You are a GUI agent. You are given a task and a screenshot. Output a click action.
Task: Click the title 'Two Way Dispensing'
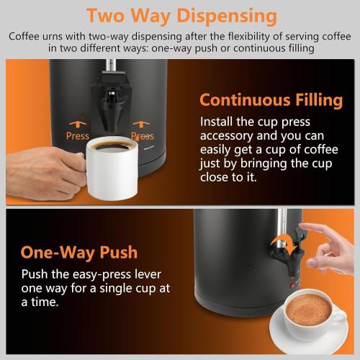pyautogui.click(x=180, y=15)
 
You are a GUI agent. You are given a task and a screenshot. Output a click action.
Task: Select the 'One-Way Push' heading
pyautogui.click(x=79, y=253)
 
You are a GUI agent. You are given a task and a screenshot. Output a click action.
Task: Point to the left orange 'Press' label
pyautogui.click(x=77, y=136)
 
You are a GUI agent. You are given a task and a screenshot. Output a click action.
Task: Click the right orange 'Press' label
pyautogui.click(x=143, y=136)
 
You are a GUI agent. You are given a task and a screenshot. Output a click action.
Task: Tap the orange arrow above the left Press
pyautogui.click(x=77, y=123)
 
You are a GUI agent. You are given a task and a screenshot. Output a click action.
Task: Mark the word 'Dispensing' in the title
pyautogui.click(x=224, y=15)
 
